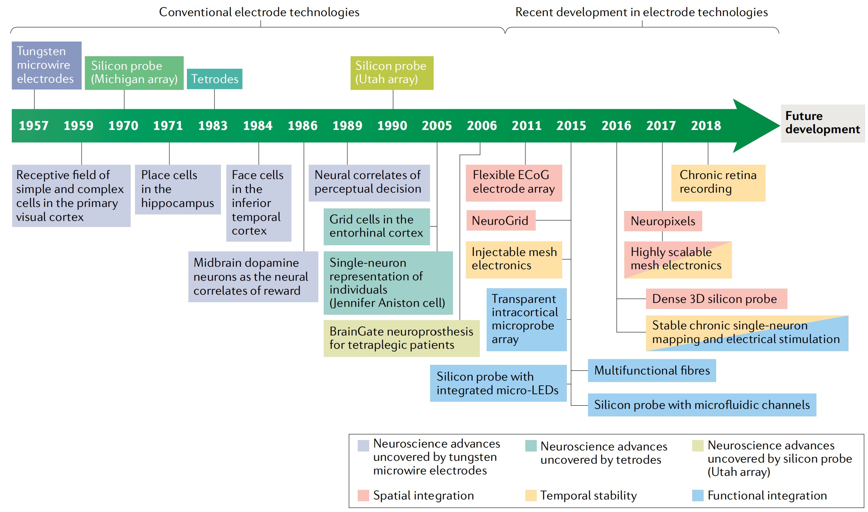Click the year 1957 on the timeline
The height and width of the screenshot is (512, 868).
click(34, 126)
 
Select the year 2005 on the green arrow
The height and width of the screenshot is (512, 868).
click(437, 126)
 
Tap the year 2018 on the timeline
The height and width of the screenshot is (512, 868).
click(706, 126)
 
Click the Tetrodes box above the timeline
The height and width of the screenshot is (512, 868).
click(214, 79)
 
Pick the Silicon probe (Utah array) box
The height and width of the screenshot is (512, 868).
click(392, 73)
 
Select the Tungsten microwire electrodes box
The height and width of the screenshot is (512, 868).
click(47, 65)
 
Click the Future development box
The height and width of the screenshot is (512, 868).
click(823, 123)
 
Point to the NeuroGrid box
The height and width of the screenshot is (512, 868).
click(501, 221)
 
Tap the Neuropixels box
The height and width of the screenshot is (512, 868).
click(663, 221)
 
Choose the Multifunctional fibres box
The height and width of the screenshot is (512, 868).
click(652, 371)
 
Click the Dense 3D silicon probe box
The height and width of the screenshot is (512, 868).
click(716, 299)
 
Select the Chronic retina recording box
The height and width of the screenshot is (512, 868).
click(718, 183)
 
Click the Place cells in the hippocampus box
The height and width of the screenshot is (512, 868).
click(178, 189)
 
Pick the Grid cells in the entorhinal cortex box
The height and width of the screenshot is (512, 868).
click(377, 227)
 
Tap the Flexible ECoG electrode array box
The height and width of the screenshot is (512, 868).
click(514, 183)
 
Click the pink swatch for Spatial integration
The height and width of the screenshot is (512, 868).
click(363, 496)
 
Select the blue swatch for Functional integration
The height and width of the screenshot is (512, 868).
click(698, 496)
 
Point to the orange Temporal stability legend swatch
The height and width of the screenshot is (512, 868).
click(531, 496)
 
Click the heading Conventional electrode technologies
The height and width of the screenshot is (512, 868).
click(259, 12)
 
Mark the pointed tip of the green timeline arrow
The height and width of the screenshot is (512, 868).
click(780, 125)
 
